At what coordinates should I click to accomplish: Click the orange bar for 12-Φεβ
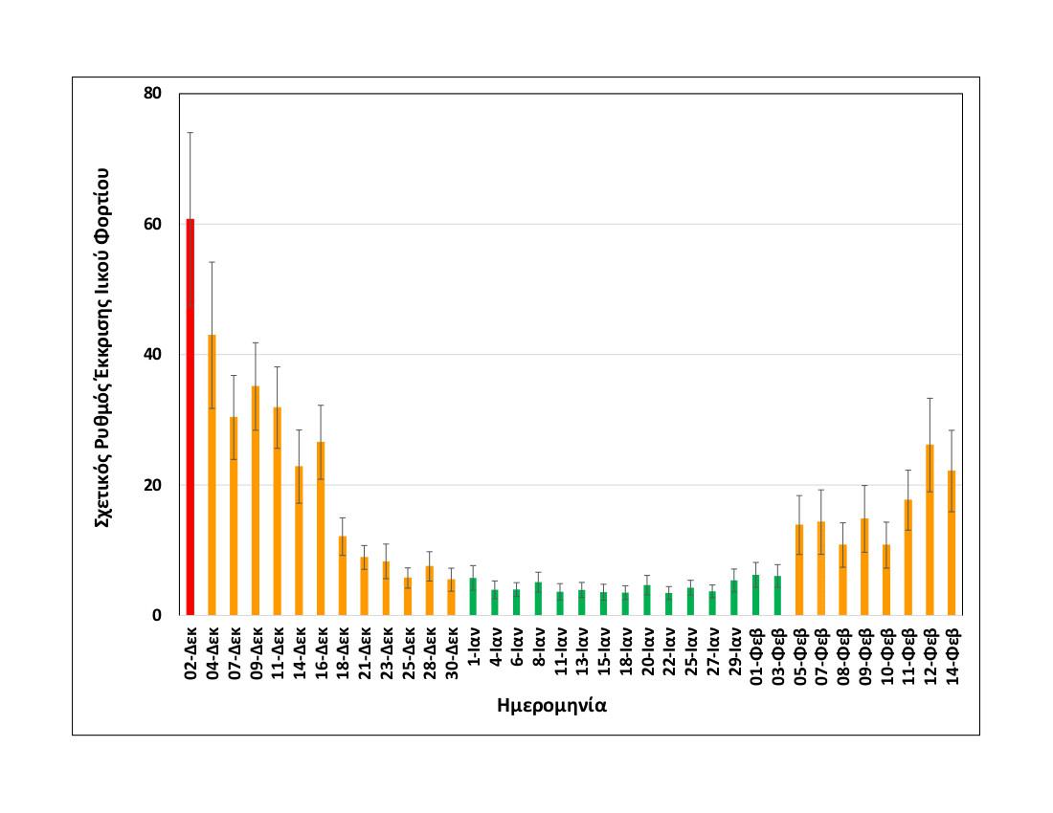(930, 530)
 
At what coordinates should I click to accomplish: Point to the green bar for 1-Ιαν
(473, 596)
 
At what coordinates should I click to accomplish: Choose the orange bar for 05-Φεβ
(799, 569)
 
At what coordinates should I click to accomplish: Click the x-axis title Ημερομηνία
(553, 707)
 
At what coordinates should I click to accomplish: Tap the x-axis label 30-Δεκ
(452, 654)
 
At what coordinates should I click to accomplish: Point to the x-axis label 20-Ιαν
(648, 654)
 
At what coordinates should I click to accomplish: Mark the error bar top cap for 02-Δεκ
(190, 132)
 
